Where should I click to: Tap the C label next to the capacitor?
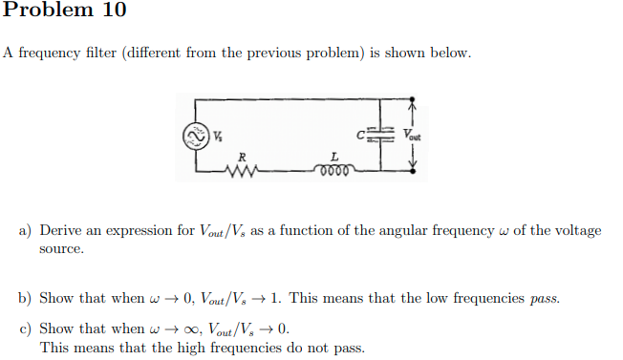pos(360,132)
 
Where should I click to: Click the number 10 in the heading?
pos(111,11)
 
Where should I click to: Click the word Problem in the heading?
pos(46,11)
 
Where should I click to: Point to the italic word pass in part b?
pos(544,298)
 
